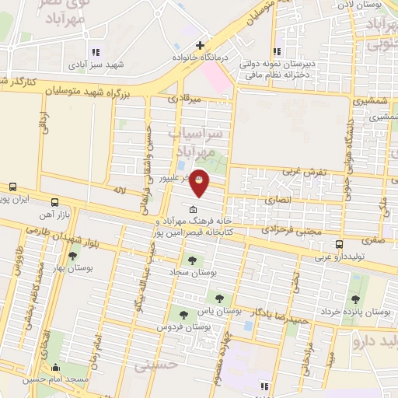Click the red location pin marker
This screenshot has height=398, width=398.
200,182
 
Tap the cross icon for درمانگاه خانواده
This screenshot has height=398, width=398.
201,45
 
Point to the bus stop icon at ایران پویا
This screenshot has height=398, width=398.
12,187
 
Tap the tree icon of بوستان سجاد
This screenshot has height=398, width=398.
192,260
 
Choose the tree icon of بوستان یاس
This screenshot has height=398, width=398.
218,298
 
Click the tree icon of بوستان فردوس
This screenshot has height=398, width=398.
183,315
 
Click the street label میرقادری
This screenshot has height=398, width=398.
185,99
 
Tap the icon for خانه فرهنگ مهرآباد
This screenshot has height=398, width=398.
193,209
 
